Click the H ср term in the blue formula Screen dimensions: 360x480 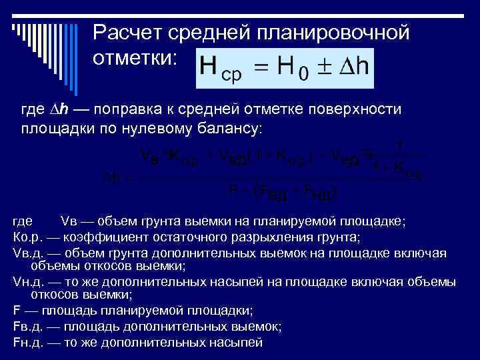coord(221,69)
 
